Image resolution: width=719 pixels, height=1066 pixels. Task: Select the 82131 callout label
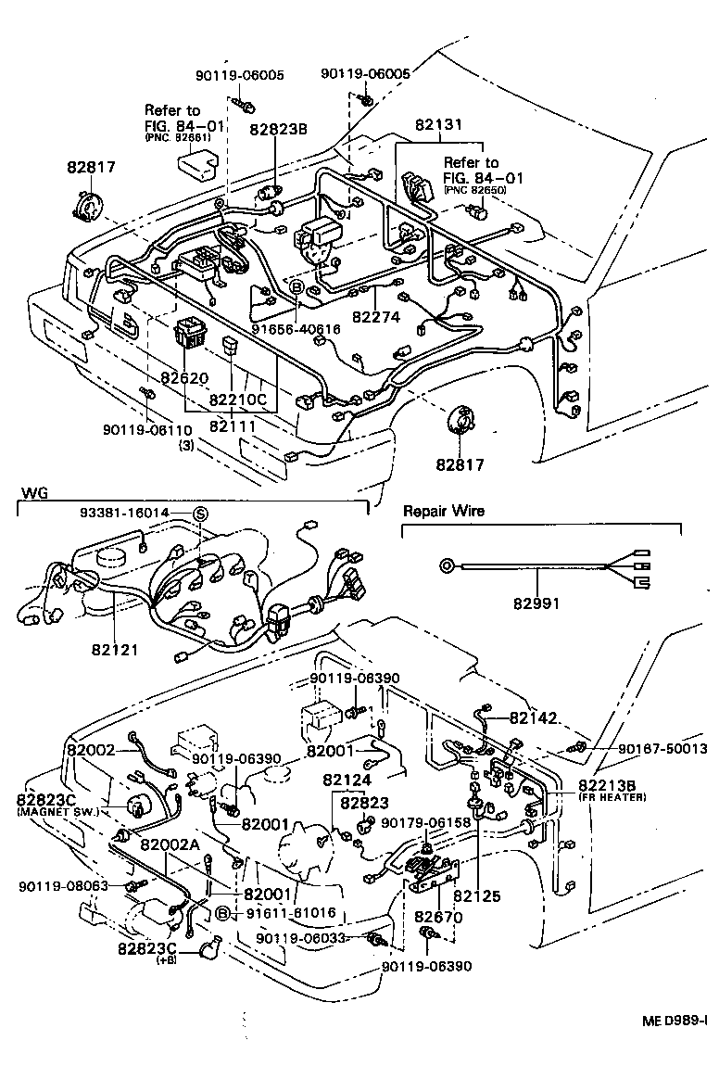tap(439, 124)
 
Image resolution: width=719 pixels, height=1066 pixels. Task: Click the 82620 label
tap(185, 378)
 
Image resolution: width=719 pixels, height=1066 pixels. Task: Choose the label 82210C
tap(237, 400)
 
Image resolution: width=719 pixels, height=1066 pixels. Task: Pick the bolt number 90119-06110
tap(147, 430)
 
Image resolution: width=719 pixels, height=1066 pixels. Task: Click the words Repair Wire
tap(443, 511)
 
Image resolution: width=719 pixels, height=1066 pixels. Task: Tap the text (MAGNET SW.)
tap(57, 812)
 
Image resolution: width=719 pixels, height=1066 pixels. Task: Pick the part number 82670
tap(438, 917)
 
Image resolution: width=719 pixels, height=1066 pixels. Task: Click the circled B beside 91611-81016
tap(222, 913)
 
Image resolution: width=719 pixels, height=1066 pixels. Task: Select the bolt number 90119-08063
tap(63, 887)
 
